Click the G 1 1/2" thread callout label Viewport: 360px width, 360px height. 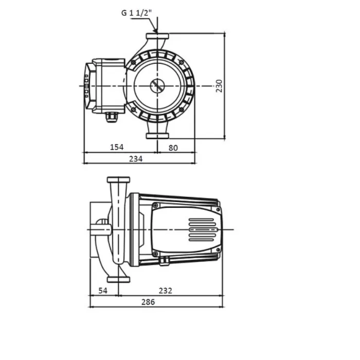[x=137, y=13]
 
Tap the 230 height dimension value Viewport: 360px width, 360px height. [x=219, y=86]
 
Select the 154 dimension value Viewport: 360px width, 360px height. [x=117, y=147]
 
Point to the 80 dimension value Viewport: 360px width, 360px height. [x=173, y=148]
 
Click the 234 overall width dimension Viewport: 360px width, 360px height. [x=136, y=158]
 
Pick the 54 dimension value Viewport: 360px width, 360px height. [x=103, y=291]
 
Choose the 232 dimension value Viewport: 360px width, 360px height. [x=165, y=291]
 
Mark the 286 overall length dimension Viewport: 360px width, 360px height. [x=148, y=302]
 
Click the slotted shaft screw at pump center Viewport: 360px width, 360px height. [x=157, y=86]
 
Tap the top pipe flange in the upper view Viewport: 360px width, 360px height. [x=157, y=36]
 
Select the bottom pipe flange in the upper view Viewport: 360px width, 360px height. [x=157, y=136]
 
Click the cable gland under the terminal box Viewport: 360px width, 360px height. [x=112, y=117]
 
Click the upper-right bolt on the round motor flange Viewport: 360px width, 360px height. [x=182, y=62]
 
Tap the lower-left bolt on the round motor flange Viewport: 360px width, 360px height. [x=133, y=110]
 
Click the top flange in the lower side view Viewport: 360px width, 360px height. [x=118, y=180]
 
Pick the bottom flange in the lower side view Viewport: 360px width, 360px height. [x=118, y=279]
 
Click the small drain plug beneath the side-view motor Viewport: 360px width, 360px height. [x=165, y=261]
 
